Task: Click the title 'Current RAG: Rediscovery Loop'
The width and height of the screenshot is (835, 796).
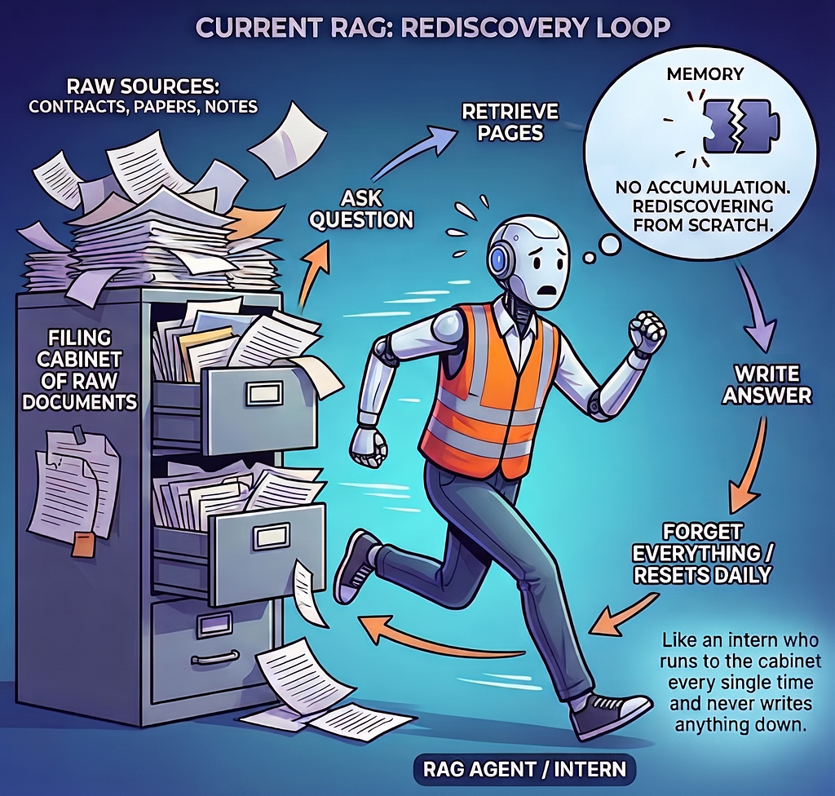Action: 433,28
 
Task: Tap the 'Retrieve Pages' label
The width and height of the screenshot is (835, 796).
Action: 510,122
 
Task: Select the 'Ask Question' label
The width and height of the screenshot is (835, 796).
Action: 361,209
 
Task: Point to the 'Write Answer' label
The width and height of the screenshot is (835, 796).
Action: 767,384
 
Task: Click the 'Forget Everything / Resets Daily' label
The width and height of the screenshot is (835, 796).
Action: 703,554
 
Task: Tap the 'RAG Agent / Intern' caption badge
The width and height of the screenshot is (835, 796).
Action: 524,769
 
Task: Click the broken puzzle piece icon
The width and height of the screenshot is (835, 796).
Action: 741,126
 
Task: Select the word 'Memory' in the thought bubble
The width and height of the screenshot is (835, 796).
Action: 705,74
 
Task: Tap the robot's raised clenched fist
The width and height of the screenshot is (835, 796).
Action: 647,331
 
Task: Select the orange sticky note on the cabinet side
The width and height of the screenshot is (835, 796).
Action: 82,543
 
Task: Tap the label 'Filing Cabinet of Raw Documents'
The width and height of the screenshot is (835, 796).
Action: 79,369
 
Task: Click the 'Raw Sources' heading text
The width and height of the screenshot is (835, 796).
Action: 144,86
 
